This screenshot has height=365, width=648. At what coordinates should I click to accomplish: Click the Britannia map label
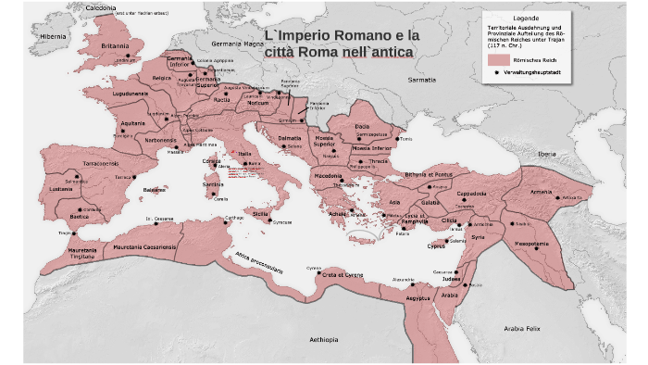click(x=115, y=45)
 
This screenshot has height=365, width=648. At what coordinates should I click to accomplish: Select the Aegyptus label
click(x=418, y=298)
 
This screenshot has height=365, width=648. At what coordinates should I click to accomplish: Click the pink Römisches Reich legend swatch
click(x=499, y=58)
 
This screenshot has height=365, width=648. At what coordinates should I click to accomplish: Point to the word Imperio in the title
click(x=314, y=35)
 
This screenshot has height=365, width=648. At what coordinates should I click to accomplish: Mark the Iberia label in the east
click(x=548, y=153)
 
